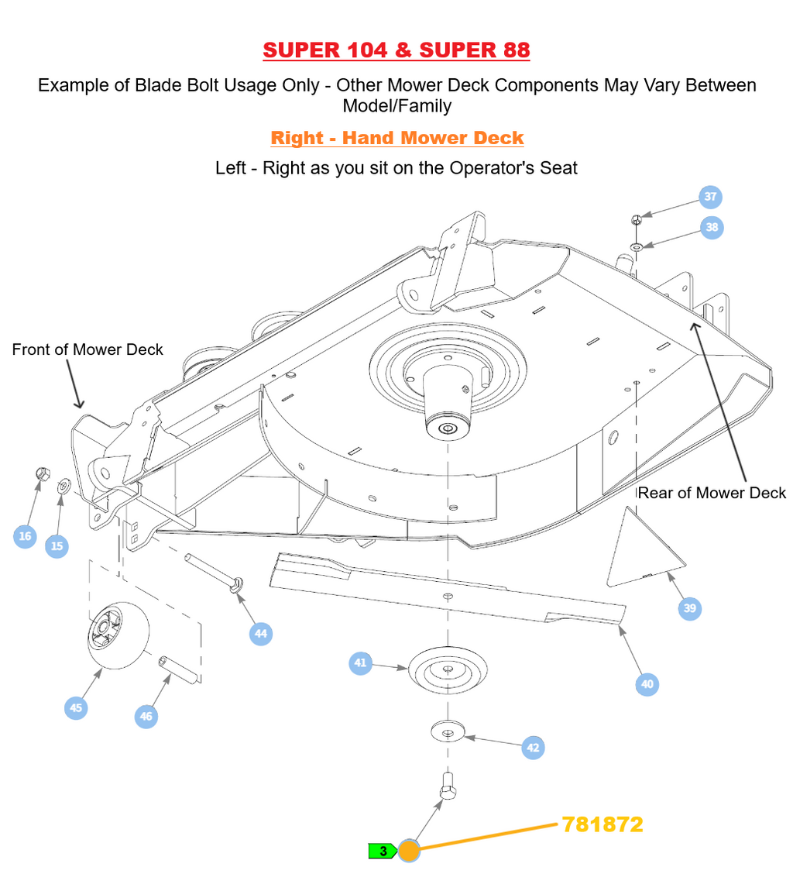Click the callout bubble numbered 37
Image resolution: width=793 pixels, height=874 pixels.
click(x=710, y=197)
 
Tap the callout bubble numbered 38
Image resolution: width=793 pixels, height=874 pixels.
click(x=712, y=228)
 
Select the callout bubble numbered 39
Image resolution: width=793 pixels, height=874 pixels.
click(x=690, y=608)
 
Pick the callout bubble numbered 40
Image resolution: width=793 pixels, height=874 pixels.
click(x=647, y=684)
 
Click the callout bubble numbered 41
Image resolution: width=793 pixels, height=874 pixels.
click(x=360, y=663)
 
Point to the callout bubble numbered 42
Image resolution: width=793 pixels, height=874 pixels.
click(x=533, y=748)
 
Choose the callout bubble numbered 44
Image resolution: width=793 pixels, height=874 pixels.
click(x=261, y=634)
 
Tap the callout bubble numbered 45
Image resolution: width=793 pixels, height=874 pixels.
click(x=76, y=707)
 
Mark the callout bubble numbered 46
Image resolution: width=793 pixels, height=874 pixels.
click(x=146, y=717)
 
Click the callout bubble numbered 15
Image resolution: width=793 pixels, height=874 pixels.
click(x=57, y=546)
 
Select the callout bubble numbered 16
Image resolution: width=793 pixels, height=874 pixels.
click(x=25, y=536)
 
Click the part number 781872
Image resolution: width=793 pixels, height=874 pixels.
click(x=602, y=824)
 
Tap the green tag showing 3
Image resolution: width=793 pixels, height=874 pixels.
click(x=383, y=852)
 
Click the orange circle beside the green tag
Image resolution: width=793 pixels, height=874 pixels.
click(x=409, y=852)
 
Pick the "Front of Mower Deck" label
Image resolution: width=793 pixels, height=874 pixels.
click(x=88, y=349)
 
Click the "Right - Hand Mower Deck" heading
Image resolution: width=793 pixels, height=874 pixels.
click(x=396, y=138)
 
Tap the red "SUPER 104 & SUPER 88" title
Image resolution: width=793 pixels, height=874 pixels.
click(x=396, y=50)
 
